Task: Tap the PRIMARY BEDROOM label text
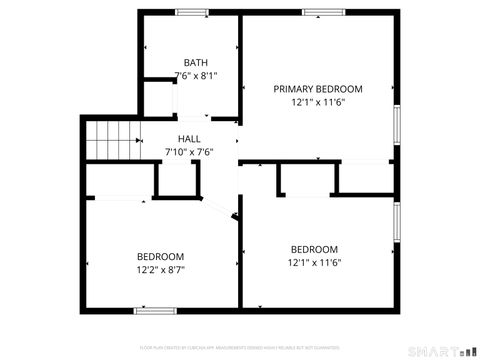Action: click(318, 89)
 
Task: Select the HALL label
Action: click(189, 139)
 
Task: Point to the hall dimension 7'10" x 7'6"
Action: click(189, 151)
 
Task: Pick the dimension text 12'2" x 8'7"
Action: click(161, 269)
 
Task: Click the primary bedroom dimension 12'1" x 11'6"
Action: click(318, 102)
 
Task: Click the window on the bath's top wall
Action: click(190, 12)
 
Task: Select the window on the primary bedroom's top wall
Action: click(318, 12)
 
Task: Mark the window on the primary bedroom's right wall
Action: click(397, 125)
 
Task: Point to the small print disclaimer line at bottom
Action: click(240, 347)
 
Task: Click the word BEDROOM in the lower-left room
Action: click(161, 256)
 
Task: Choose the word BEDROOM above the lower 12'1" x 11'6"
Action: click(314, 249)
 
